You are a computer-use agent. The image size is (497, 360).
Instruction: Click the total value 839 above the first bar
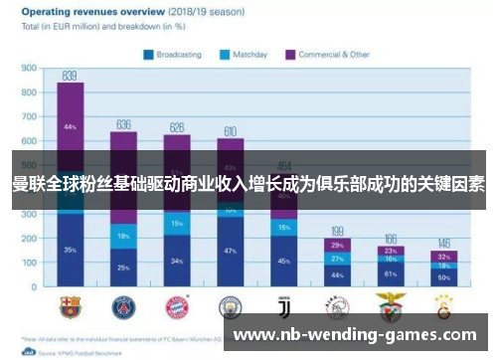click(x=70, y=75)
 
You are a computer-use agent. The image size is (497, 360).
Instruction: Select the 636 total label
click(x=123, y=124)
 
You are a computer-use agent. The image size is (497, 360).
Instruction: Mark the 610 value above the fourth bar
click(x=230, y=130)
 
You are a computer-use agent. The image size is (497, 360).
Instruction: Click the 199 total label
click(x=337, y=230)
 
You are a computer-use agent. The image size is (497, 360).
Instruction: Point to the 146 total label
click(x=443, y=243)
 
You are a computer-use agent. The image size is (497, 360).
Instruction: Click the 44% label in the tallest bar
click(x=70, y=127)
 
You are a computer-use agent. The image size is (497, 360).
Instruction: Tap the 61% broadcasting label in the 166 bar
click(x=391, y=272)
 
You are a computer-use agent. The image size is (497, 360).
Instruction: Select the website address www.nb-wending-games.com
click(x=355, y=336)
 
